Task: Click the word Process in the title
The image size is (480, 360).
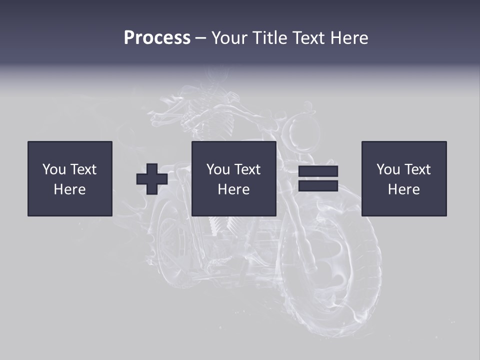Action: point(157,38)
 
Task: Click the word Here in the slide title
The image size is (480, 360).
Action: point(349,38)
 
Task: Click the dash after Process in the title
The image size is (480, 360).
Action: point(200,38)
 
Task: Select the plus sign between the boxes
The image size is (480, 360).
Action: point(152,178)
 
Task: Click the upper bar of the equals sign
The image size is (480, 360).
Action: point(318,171)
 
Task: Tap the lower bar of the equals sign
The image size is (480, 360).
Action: point(318,185)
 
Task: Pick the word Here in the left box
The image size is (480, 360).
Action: point(69,189)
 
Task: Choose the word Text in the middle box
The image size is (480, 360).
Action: point(247,169)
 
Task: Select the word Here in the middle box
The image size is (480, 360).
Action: point(233,189)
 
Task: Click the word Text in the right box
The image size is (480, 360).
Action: point(417,169)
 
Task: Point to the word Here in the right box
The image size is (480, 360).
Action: point(403,189)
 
